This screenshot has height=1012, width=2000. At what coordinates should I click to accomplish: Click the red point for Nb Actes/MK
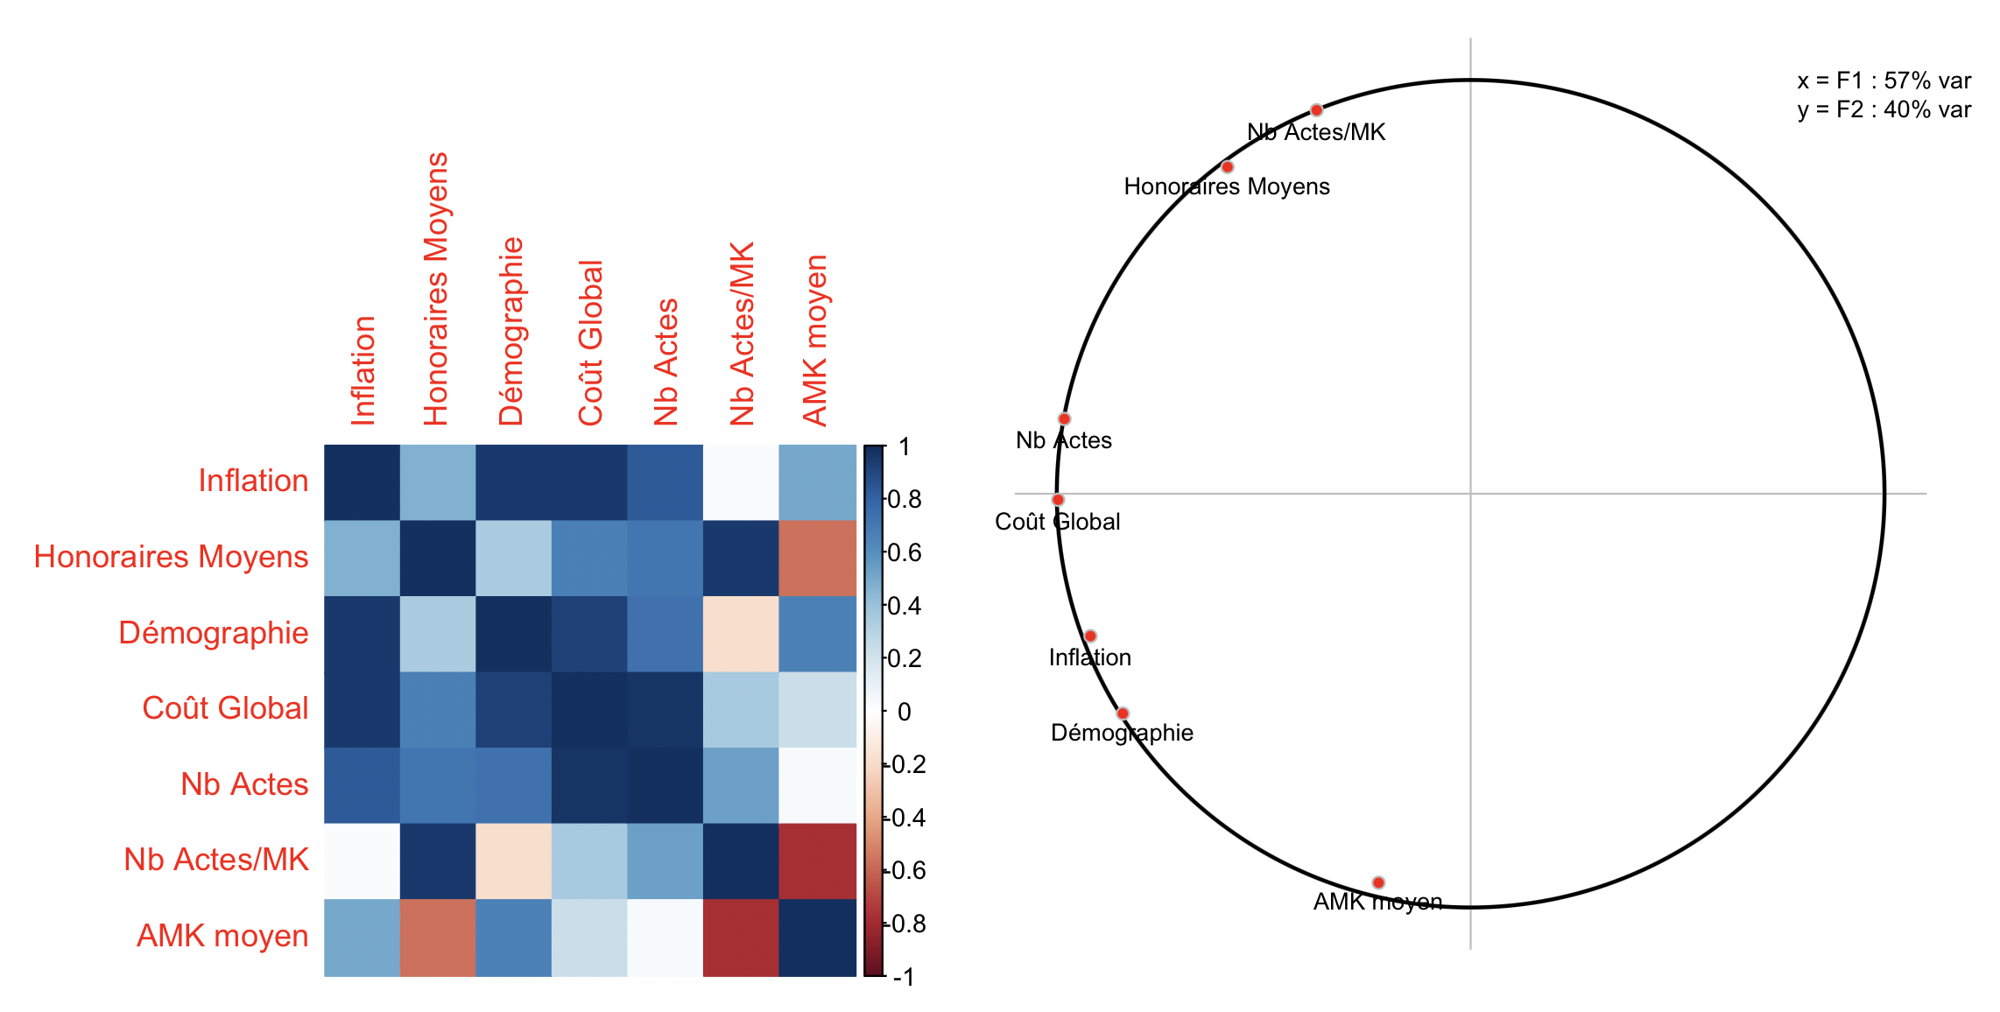[x=1316, y=110]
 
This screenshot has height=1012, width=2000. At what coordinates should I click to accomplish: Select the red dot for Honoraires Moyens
[x=1228, y=167]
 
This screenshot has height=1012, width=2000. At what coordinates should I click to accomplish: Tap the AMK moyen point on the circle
[x=1378, y=882]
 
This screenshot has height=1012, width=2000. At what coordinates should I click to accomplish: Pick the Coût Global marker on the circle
[x=1058, y=500]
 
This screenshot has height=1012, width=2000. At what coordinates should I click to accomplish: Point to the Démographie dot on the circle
[x=1123, y=713]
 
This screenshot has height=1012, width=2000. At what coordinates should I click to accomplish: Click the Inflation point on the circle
[x=1090, y=636]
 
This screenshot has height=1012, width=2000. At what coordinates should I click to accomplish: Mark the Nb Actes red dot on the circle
[x=1064, y=419]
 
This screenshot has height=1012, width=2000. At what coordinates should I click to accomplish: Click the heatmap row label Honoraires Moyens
[x=171, y=557]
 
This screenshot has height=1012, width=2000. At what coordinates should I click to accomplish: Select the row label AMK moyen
[x=222, y=936]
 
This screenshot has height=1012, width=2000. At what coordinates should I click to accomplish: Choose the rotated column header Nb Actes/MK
[x=742, y=334]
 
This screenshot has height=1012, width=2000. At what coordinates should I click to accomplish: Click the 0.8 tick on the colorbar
[x=905, y=499]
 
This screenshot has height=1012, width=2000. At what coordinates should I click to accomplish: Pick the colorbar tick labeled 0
[x=905, y=712]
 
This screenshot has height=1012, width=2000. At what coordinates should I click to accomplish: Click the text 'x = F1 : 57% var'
[x=1884, y=81]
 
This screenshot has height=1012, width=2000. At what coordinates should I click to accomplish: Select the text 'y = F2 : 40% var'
[x=1884, y=109]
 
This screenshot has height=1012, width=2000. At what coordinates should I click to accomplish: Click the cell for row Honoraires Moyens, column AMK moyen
[x=817, y=558]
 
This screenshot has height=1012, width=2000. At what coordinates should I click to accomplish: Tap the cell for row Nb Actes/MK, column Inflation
[x=362, y=861]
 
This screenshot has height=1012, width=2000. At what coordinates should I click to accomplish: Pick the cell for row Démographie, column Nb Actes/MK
[x=741, y=634]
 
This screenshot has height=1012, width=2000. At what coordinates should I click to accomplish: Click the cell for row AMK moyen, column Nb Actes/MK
[x=741, y=937]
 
